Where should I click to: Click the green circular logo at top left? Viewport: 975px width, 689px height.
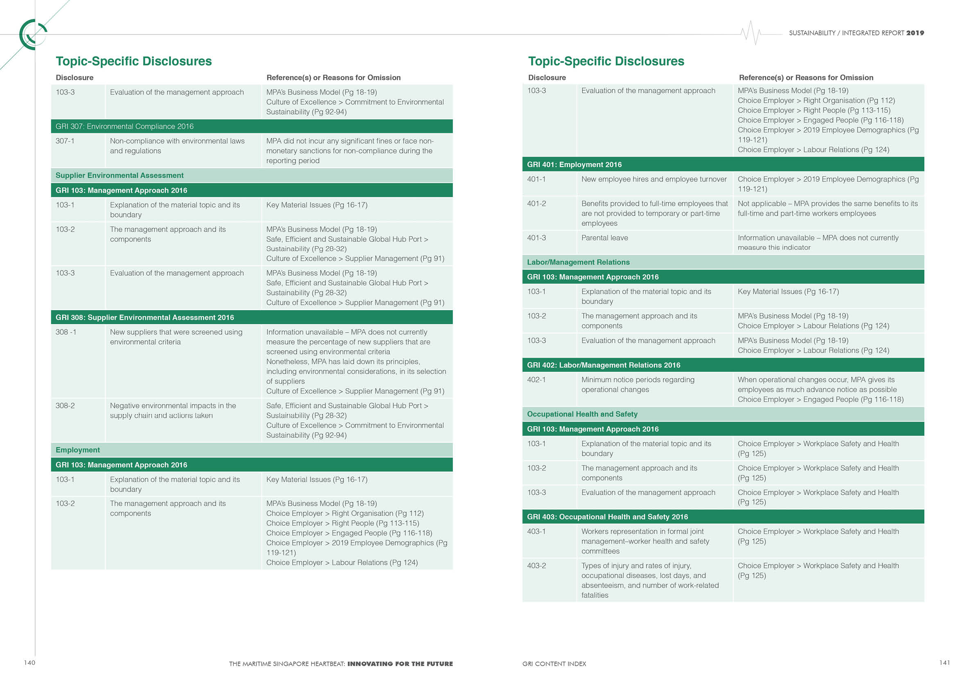[32, 34]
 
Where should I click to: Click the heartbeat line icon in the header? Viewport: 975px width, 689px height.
[751, 33]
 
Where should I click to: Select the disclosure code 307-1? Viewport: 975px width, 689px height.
[65, 141]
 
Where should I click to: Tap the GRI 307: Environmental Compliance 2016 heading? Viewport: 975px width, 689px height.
[124, 126]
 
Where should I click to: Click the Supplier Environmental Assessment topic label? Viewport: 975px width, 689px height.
[119, 175]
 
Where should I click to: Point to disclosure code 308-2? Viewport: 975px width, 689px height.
[65, 405]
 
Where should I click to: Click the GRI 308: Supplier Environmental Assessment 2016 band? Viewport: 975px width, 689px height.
[145, 317]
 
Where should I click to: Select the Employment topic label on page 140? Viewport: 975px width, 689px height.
[78, 450]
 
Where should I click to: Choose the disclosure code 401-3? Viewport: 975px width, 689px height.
[536, 238]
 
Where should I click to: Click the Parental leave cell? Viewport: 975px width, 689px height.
[604, 238]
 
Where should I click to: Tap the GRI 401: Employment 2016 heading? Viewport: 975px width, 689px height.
[574, 164]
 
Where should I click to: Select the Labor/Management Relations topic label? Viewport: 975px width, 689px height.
[578, 262]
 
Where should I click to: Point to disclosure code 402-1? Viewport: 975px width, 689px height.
[536, 380]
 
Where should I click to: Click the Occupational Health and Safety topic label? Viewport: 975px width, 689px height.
[582, 414]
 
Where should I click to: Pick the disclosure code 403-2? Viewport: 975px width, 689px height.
[536, 565]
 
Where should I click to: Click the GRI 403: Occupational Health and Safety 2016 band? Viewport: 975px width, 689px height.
[607, 517]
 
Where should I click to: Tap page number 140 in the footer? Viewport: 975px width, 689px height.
[29, 663]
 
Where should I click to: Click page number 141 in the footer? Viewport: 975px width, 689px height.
[944, 663]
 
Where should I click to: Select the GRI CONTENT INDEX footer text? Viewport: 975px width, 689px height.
[554, 664]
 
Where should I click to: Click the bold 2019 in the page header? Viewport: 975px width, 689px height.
[915, 33]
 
